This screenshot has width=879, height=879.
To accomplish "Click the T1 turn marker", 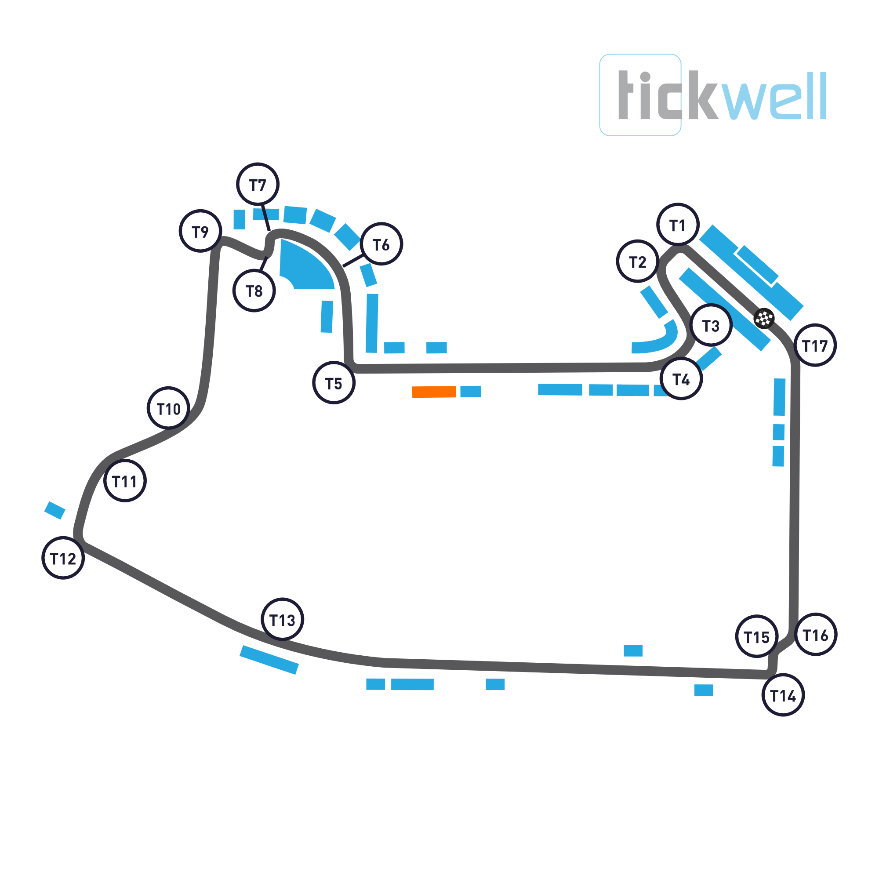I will pyautogui.click(x=677, y=224).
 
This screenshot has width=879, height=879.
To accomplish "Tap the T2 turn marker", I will pyautogui.click(x=637, y=261).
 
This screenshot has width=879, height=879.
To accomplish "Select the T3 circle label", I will pyautogui.click(x=711, y=325).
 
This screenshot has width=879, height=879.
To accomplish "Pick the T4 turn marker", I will pyautogui.click(x=681, y=378).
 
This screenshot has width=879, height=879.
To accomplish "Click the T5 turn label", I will pyautogui.click(x=334, y=383).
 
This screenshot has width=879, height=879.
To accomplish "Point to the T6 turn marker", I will pyautogui.click(x=381, y=244).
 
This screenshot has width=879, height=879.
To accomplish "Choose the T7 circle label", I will pyautogui.click(x=258, y=184).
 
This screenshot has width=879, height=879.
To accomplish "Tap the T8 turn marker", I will pyautogui.click(x=254, y=290).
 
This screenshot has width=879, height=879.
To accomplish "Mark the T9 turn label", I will pyautogui.click(x=200, y=231).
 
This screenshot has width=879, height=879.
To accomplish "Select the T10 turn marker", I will pyautogui.click(x=168, y=408).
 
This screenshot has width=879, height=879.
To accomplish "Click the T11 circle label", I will pyautogui.click(x=124, y=481).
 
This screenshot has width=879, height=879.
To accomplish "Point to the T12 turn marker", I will pyautogui.click(x=63, y=558).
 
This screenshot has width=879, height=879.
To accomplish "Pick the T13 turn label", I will pyautogui.click(x=282, y=620).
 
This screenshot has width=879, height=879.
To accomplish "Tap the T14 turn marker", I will pyautogui.click(x=783, y=695).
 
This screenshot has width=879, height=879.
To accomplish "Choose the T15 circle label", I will pyautogui.click(x=756, y=637).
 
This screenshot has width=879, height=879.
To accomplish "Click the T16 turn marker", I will pyautogui.click(x=815, y=635).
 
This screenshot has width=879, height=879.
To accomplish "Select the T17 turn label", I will pyautogui.click(x=815, y=345).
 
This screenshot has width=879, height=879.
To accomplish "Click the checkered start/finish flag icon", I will pyautogui.click(x=764, y=318).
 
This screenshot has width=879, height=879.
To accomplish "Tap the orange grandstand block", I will pyautogui.click(x=434, y=392).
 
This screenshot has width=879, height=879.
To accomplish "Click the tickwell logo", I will pyautogui.click(x=712, y=95).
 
